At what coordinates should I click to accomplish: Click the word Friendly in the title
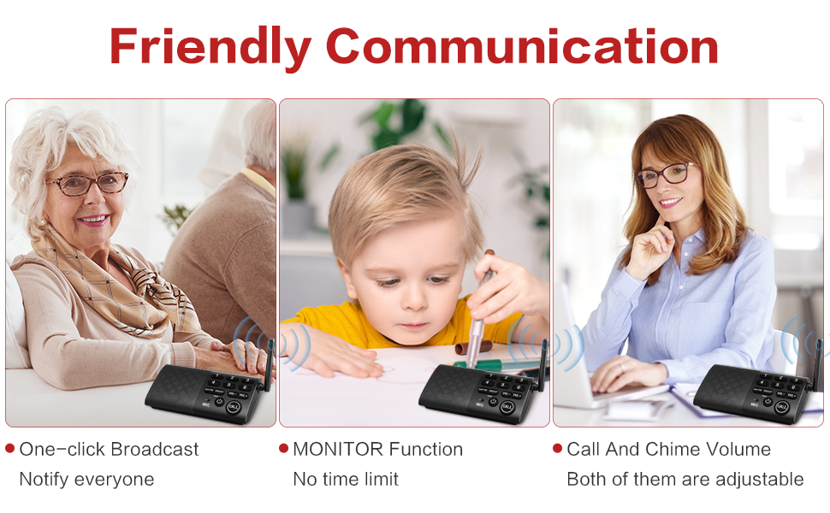coord(210,46)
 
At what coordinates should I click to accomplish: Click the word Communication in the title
coord(522,46)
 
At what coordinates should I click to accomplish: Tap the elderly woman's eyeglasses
coord(87,182)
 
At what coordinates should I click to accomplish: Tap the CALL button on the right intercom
coord(780,407)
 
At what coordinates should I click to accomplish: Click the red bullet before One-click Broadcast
coord(10,449)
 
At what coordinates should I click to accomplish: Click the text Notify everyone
coord(86,479)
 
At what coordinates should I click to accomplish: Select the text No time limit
coord(346,479)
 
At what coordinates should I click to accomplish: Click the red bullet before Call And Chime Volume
coord(558,449)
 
